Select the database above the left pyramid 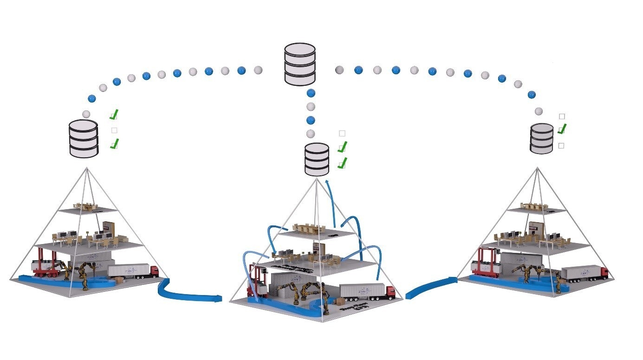[84, 138]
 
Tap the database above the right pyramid [542, 138]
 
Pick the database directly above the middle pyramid [317, 159]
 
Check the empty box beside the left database [114, 130]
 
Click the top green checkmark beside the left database [114, 114]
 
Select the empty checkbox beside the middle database [342, 134]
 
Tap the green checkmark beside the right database [563, 129]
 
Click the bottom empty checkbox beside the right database [561, 146]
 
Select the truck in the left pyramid [133, 271]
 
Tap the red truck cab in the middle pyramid [390, 292]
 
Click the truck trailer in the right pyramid [578, 272]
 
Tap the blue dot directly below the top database [311, 93]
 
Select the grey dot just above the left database [86, 114]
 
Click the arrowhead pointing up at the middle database [327, 182]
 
